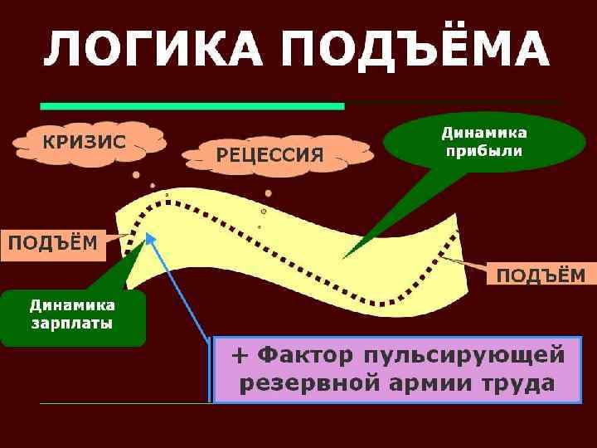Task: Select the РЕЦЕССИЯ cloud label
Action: (269, 155)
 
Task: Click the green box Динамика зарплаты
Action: (72, 316)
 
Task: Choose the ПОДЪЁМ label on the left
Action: (52, 243)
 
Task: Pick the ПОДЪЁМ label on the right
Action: (540, 275)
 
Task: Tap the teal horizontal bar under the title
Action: (192, 106)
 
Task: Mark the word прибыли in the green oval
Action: (483, 151)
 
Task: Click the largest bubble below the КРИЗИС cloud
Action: (135, 175)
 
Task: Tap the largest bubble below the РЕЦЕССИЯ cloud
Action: (268, 193)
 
